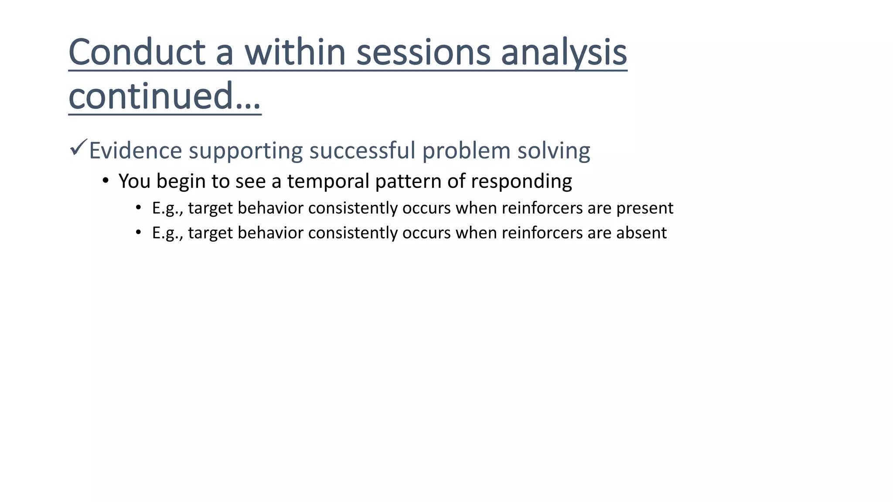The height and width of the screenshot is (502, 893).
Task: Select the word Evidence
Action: tap(136, 151)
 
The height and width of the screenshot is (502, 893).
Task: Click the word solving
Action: tap(554, 151)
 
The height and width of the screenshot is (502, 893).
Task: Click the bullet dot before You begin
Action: tap(105, 180)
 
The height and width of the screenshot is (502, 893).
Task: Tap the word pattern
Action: tap(408, 181)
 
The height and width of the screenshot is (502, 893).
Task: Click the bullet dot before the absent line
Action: tap(138, 232)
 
